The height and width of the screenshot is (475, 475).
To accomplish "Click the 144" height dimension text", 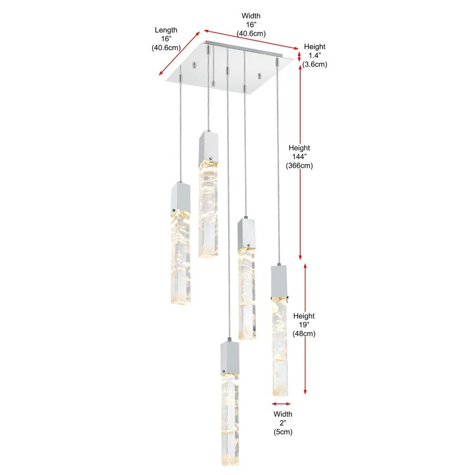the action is (x=299, y=157).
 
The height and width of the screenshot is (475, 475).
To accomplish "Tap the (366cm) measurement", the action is (x=299, y=165).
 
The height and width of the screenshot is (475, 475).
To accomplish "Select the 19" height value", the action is (x=304, y=325).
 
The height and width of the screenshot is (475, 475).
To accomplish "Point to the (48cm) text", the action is (x=304, y=333).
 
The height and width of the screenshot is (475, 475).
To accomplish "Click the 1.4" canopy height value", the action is (x=315, y=56).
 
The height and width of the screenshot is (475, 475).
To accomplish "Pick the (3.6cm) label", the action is (x=315, y=64).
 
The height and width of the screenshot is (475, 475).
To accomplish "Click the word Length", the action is (x=166, y=30).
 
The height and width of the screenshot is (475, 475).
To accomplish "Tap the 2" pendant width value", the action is (x=283, y=423).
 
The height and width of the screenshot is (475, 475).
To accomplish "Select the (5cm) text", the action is (x=283, y=432).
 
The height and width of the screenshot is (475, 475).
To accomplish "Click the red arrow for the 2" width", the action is (x=281, y=403).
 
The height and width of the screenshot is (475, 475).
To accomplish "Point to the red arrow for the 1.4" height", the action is (x=299, y=57).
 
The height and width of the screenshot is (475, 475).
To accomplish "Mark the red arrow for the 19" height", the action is (x=305, y=329).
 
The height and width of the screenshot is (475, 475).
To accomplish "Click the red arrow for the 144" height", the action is (x=300, y=162).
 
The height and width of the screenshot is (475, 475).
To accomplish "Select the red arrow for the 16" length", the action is (x=180, y=53).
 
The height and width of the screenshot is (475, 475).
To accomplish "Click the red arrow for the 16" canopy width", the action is (x=251, y=39).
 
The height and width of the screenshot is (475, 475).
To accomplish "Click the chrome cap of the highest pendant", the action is (x=209, y=148).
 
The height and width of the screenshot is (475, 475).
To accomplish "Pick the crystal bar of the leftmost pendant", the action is (x=181, y=257).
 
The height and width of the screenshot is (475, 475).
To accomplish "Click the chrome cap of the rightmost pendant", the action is (x=279, y=281).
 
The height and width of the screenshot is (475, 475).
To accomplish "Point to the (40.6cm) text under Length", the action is (x=166, y=47).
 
